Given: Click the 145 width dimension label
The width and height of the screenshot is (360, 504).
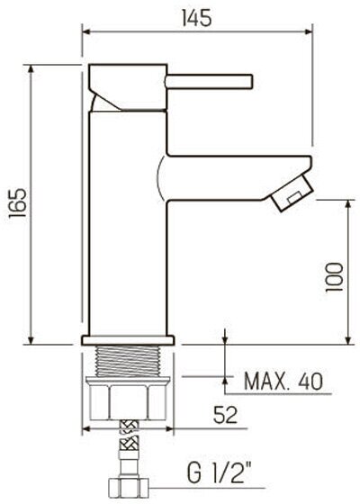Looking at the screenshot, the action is point(197,18).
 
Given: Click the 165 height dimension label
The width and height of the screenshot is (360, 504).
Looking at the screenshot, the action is point(18,202).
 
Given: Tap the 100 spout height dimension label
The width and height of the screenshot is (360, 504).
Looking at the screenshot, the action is point(334,277).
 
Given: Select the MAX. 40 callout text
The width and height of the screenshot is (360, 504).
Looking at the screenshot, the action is point(283,382).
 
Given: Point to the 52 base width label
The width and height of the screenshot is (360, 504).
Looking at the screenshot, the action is point(225,415).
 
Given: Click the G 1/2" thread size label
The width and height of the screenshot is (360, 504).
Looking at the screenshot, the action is point(220,472).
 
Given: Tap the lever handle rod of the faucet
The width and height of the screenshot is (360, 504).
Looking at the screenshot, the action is point(209,81).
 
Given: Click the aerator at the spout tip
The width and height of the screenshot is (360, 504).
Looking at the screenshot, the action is point(292,193).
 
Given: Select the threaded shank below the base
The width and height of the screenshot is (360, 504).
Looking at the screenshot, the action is point(128,361).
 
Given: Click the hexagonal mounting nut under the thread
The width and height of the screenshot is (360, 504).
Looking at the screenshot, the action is point(128,399).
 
